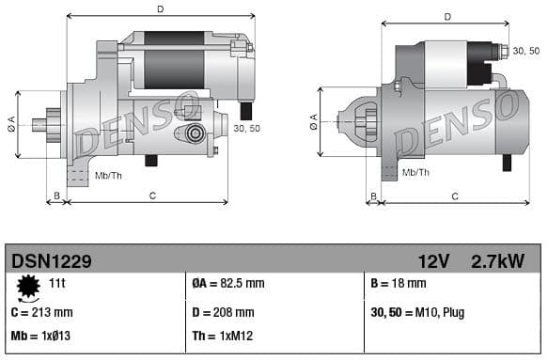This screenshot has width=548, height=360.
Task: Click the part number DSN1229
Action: [52, 260]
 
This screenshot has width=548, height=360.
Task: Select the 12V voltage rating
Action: [434, 260]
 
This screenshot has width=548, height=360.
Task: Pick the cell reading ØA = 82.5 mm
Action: [227, 283]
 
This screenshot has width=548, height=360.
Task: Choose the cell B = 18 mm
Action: [399, 283]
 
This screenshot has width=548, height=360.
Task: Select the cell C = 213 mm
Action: [41, 312]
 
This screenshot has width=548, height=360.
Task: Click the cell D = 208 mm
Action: [223, 312]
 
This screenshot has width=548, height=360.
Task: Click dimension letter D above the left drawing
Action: [160, 9]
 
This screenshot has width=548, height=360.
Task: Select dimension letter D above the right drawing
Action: [447, 16]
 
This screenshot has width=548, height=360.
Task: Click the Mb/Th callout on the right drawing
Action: [415, 172]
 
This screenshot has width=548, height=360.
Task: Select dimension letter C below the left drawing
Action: [152, 195]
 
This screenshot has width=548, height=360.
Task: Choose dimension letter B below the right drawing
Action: [373, 196]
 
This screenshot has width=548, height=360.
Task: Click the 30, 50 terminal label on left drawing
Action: [246, 128]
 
